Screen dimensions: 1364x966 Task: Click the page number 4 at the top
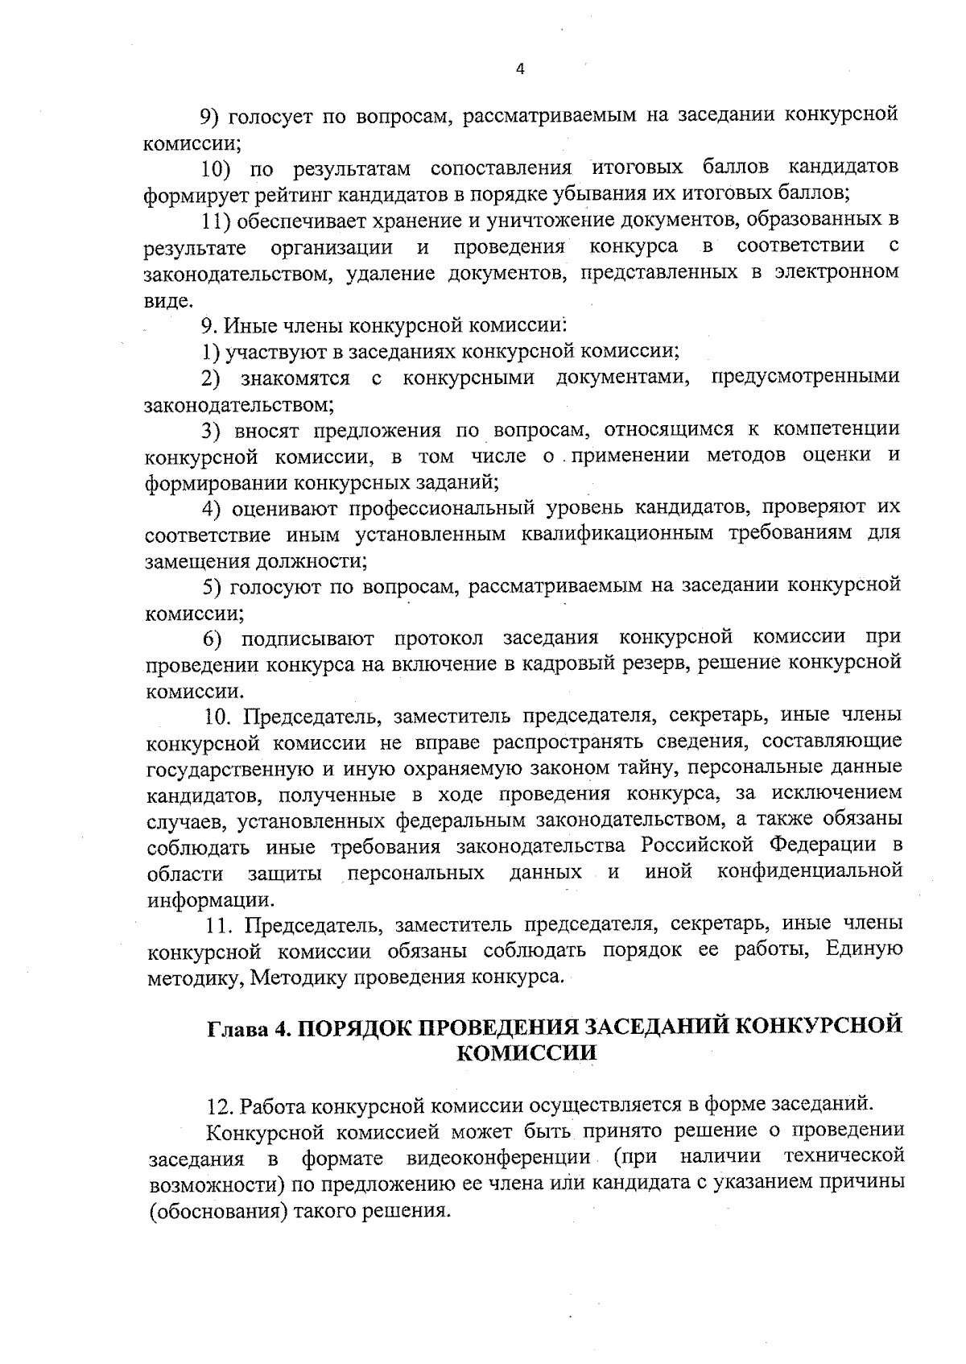tap(519, 69)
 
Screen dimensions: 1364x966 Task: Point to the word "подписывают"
tap(308, 639)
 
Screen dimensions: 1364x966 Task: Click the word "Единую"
tap(864, 950)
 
